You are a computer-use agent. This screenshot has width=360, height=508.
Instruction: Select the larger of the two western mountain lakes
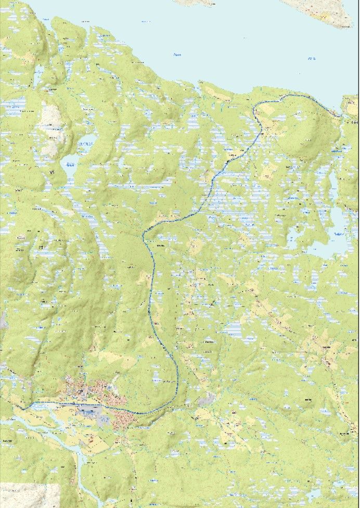pos(69,168)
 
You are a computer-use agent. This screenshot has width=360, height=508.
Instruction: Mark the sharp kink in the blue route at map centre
pos(145,234)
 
